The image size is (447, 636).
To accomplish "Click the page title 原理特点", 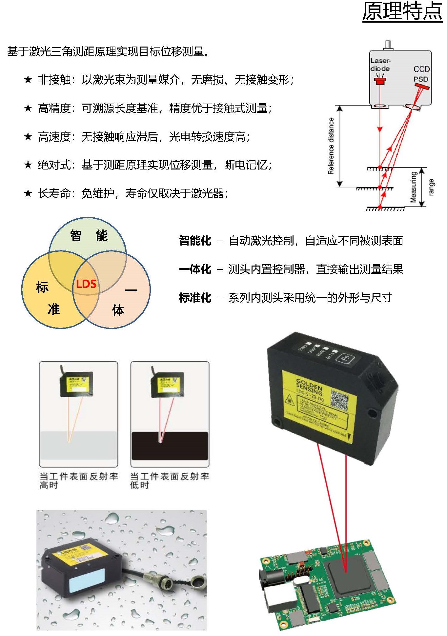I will pyautogui.click(x=402, y=12).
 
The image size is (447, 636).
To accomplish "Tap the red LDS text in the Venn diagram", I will pyautogui.click(x=86, y=284).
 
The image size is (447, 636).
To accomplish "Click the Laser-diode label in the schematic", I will pyautogui.click(x=380, y=65).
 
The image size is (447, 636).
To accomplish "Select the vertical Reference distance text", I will pyautogui.click(x=331, y=146).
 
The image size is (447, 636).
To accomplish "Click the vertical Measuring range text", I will pyautogui.click(x=422, y=187).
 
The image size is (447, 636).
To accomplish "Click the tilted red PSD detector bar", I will pyautogui.click(x=422, y=87).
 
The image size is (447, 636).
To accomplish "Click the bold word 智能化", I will pyautogui.click(x=195, y=241).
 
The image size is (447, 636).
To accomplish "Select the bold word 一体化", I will pyautogui.click(x=195, y=269).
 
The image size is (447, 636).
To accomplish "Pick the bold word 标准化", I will pyautogui.click(x=195, y=298).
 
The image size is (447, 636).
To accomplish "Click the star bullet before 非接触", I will pyautogui.click(x=28, y=80).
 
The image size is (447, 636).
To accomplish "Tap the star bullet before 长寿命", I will pyautogui.click(x=28, y=193).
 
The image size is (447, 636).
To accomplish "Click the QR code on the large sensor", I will pyautogui.click(x=339, y=400).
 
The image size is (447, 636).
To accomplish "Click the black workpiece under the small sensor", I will pyautogui.click(x=170, y=446).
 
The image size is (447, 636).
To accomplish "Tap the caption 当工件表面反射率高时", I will pyautogui.click(x=78, y=480).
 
